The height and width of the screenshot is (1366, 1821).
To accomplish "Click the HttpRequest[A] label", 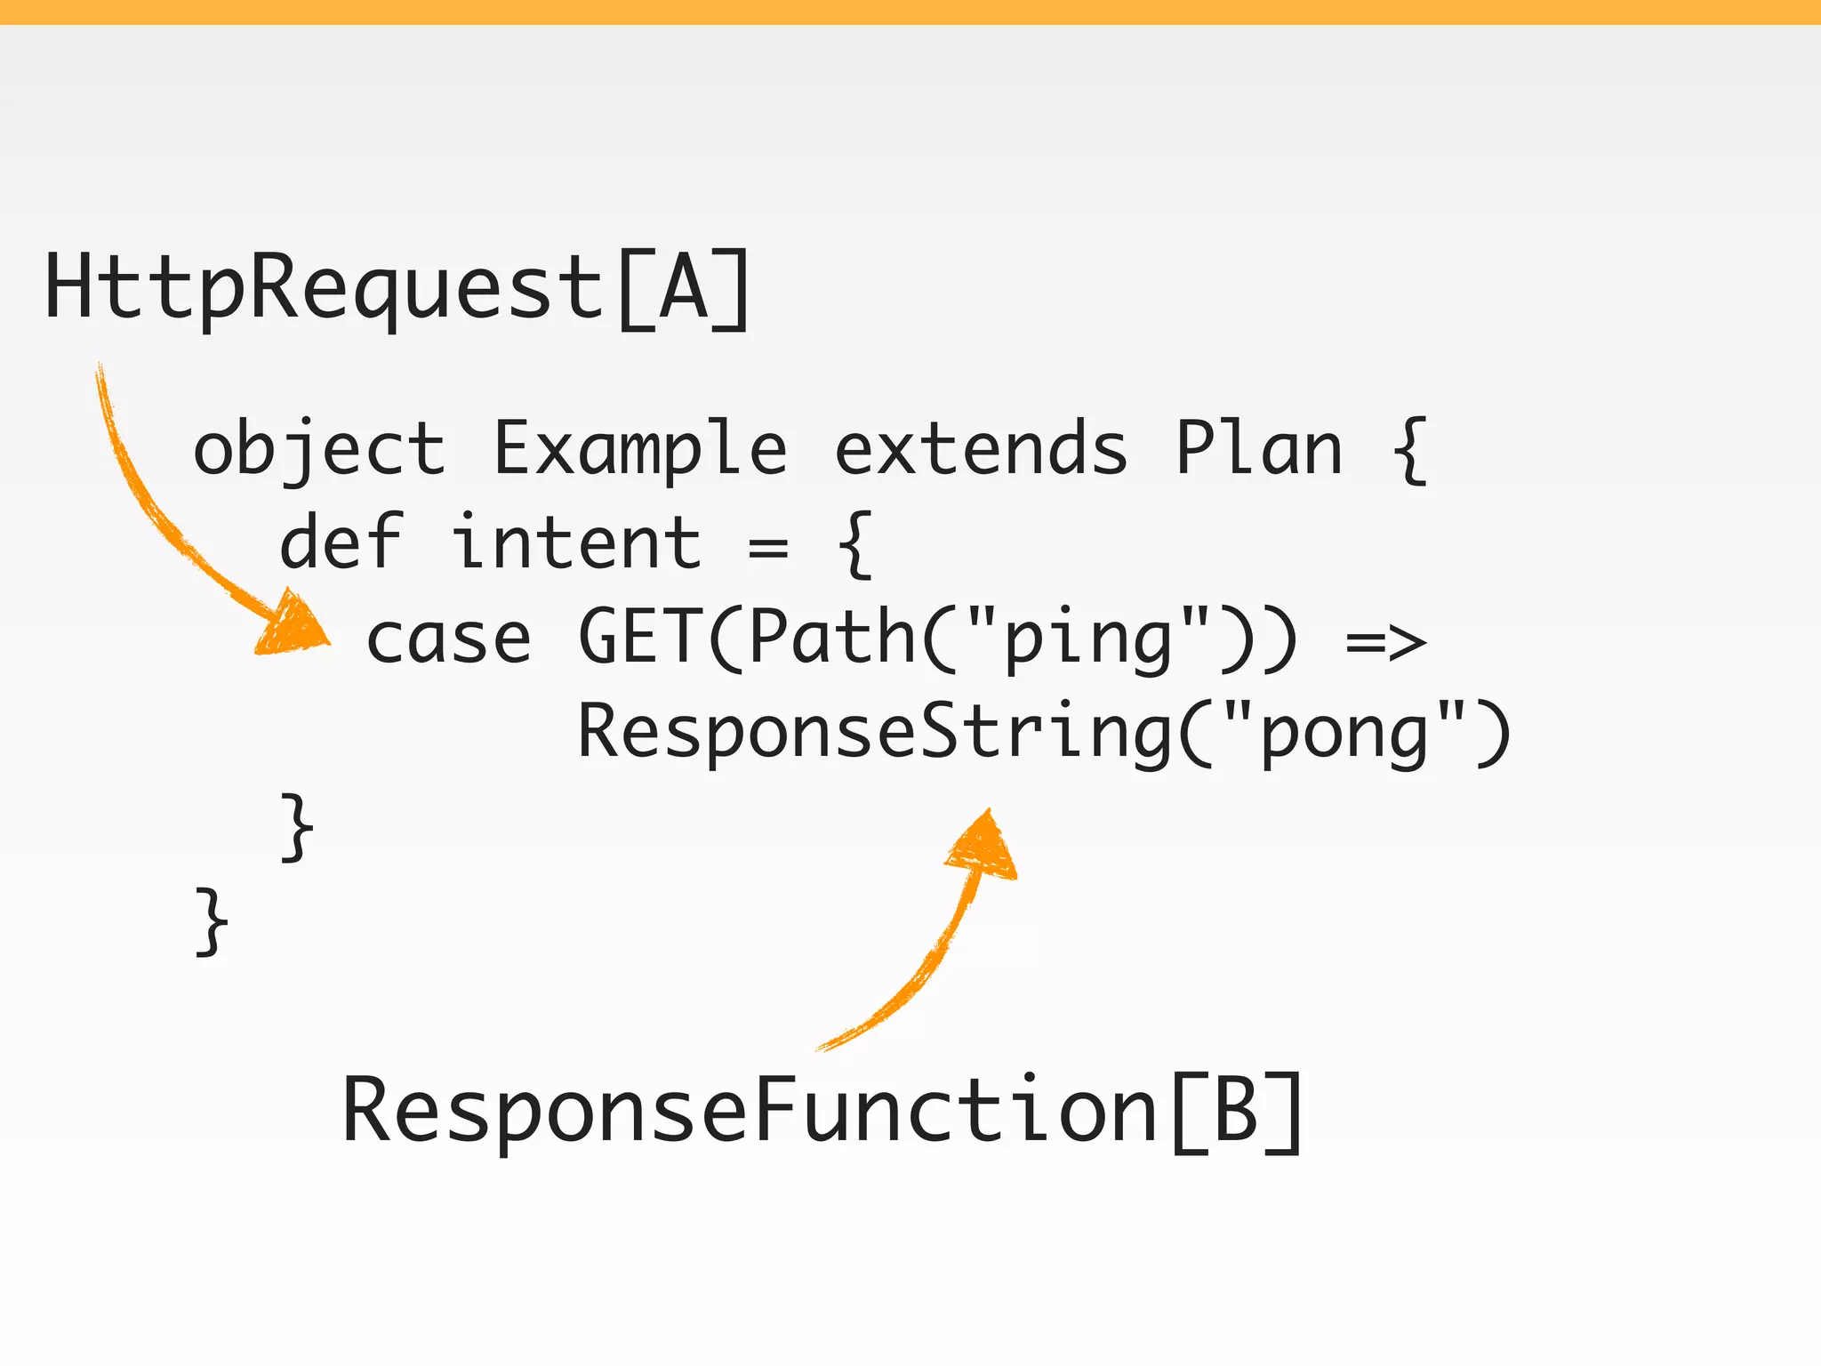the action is pyautogui.click(x=397, y=288).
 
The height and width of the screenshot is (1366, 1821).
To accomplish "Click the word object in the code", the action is pyautogui.click(x=318, y=449).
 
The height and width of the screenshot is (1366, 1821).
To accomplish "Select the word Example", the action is pyautogui.click(x=639, y=449).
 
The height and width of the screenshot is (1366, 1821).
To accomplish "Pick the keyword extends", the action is pyautogui.click(x=981, y=449).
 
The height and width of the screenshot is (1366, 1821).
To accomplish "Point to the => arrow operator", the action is pyautogui.click(x=1385, y=640).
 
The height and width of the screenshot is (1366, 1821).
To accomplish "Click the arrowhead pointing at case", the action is pyautogui.click(x=292, y=624).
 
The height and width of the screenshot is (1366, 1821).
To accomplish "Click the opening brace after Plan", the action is pyautogui.click(x=1409, y=450).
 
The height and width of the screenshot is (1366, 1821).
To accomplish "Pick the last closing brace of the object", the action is pyautogui.click(x=212, y=921).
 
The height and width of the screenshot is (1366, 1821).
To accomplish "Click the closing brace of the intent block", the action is pyautogui.click(x=297, y=827).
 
